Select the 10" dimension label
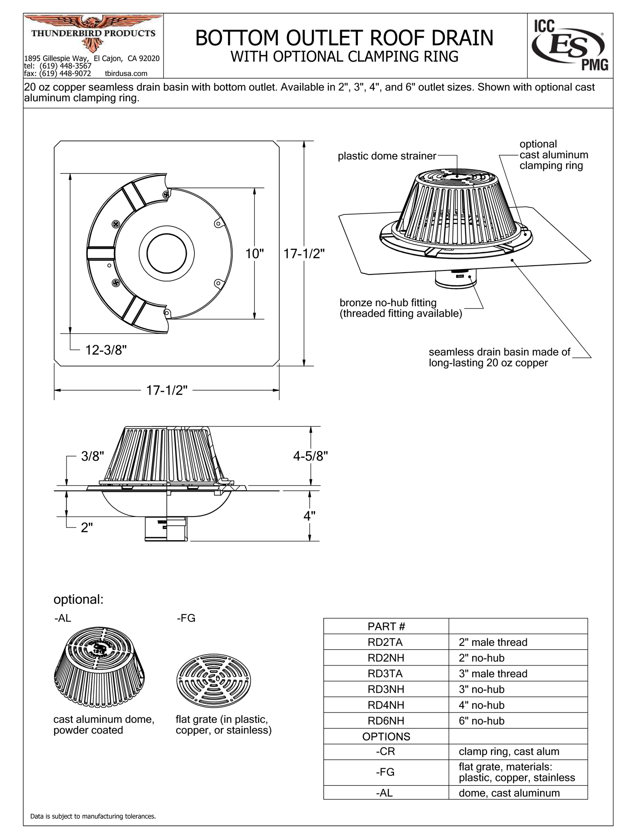coord(255,253)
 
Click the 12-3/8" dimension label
coord(106,350)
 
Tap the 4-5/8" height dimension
coord(310,456)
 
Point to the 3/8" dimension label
coord(93,457)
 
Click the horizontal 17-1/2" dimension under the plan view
coord(166,390)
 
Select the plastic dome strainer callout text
coord(387,156)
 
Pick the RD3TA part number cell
coord(386,673)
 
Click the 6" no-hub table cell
coord(481,721)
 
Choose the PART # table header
coord(386,626)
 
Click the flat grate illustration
coord(214,681)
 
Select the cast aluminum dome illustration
coord(100,673)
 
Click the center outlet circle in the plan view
coord(167,253)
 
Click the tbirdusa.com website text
coord(126,73)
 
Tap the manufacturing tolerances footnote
coord(93,816)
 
